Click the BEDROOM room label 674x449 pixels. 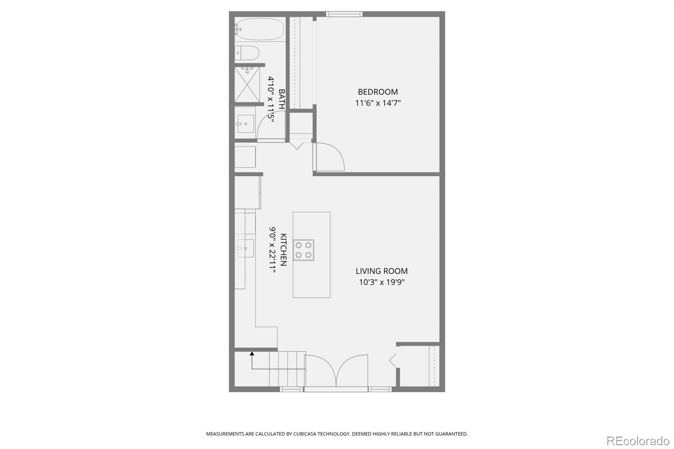[x=377, y=92]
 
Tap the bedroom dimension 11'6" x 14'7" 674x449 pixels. [x=377, y=103]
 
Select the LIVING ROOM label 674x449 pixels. [x=381, y=271]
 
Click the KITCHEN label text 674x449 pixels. [x=284, y=249]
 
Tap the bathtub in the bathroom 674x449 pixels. [x=259, y=29]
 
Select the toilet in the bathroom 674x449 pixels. [x=247, y=53]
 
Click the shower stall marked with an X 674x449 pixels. [x=247, y=84]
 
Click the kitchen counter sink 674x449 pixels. [x=245, y=248]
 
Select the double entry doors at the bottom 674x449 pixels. [x=336, y=371]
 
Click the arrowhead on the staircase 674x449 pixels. [x=252, y=354]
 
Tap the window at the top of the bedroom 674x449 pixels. [x=344, y=14]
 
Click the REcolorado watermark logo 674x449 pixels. [x=637, y=441]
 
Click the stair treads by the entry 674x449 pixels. [x=287, y=369]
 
